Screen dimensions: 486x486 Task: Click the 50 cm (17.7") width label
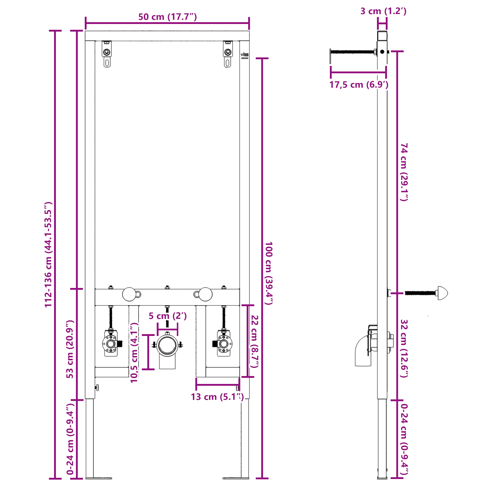tap(167, 17)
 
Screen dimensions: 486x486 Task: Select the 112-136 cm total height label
tap(49, 255)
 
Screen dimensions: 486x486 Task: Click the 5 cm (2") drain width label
tap(167, 316)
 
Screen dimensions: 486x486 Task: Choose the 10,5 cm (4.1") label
tap(134, 352)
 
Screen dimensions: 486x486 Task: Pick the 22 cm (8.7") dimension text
tap(255, 341)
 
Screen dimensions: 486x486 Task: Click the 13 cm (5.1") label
tap(217, 397)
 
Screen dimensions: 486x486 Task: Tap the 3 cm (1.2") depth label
tap(383, 11)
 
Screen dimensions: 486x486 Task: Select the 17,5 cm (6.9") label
tap(359, 85)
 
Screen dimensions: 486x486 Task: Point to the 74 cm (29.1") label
tap(404, 172)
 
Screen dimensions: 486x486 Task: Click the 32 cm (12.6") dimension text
tap(404, 348)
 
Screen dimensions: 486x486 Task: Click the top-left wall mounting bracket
tap(107, 53)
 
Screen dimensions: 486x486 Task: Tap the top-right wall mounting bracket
tap(228, 53)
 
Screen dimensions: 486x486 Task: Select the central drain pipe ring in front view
tap(167, 345)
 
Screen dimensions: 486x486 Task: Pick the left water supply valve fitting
tap(111, 344)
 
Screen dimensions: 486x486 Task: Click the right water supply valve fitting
tap(224, 344)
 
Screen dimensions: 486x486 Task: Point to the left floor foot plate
tap(99, 478)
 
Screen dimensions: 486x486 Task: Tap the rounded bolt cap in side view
tap(442, 293)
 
